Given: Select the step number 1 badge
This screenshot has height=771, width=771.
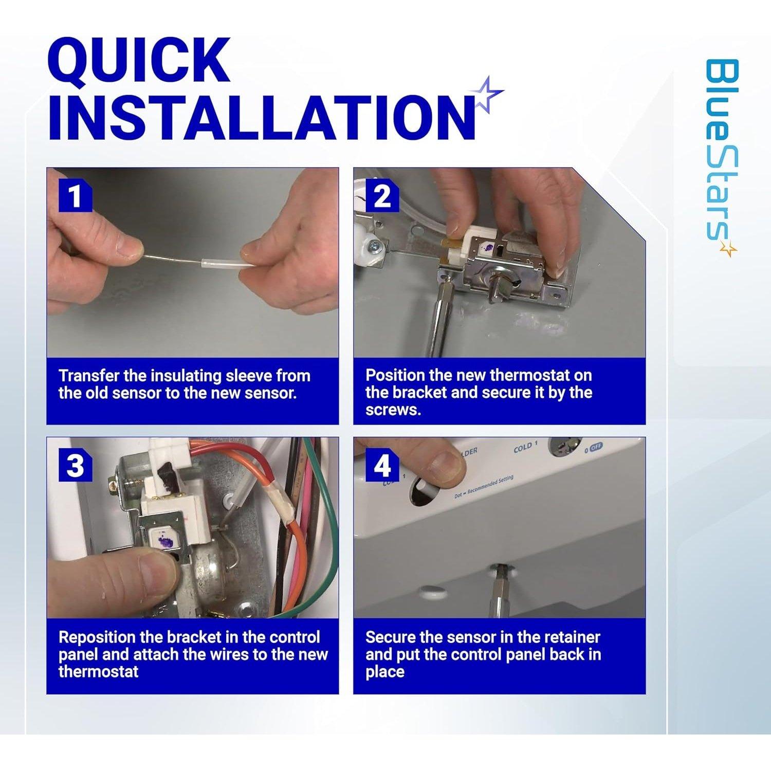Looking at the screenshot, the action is coord(76,196).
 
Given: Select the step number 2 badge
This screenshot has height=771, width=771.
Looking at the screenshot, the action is coord(382,196).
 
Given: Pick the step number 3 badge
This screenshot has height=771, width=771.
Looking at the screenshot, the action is coord(76,466).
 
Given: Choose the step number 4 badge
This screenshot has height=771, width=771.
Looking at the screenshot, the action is coord(382,466).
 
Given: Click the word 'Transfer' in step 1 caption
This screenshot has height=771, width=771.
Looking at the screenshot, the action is coord(89,376).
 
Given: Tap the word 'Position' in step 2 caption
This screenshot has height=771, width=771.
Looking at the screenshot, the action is coord(395,376).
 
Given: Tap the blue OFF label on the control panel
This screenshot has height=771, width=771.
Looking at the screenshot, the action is coord(596,447).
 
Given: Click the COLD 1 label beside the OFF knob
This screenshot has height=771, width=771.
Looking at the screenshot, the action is coord(525,448).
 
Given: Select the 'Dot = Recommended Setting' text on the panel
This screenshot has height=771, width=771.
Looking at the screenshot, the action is coord(484,488).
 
